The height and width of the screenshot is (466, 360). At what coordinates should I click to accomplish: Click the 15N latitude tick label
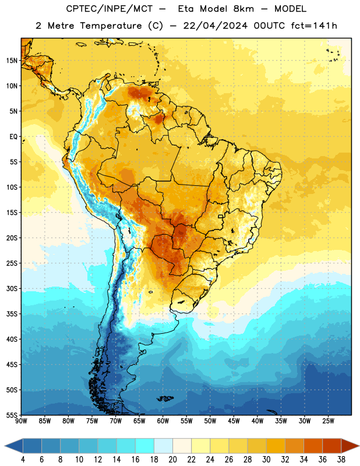(12, 61)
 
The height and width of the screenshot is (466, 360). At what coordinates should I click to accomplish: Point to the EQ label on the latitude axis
(13, 137)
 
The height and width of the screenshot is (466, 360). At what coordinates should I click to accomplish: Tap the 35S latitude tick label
(12, 314)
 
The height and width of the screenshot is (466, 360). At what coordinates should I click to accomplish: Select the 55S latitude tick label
(12, 414)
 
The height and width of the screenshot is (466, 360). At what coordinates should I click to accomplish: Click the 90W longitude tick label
(21, 421)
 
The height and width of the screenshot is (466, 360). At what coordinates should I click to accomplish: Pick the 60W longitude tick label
(163, 421)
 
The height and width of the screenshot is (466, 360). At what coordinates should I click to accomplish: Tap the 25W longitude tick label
(328, 421)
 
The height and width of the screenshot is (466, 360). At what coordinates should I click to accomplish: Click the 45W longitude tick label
(234, 421)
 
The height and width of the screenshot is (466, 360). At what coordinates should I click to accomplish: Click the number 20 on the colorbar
(172, 460)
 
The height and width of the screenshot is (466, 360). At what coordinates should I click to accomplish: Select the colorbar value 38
(341, 460)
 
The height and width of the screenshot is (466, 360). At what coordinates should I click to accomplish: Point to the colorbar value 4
(23, 460)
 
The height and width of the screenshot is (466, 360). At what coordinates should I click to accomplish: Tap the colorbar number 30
(266, 460)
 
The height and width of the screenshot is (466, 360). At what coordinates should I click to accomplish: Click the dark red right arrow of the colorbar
(350, 446)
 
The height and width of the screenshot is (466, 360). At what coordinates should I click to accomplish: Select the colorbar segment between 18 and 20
(164, 446)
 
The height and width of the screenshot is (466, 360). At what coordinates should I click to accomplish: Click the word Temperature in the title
(111, 26)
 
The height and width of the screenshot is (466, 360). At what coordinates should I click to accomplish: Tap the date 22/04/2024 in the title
(215, 26)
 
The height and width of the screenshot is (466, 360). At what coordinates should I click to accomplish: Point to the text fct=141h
(314, 26)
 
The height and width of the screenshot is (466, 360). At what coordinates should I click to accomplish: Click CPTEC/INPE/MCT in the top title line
(109, 9)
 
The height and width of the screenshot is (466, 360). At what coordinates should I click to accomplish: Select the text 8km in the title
(243, 9)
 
